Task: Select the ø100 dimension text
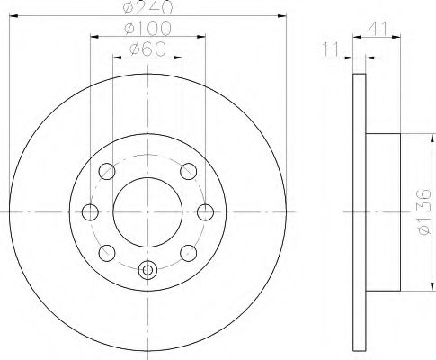point(148,31)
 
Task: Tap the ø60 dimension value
point(148,50)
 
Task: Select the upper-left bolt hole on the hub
point(107,170)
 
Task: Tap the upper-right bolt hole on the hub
point(189,170)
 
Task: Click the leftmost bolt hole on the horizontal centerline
point(90,211)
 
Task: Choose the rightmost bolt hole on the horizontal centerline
point(206,211)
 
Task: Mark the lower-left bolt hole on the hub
point(107,253)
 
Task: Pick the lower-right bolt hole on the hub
point(189,253)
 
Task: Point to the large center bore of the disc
point(148,211)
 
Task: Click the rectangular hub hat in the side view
point(383,211)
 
